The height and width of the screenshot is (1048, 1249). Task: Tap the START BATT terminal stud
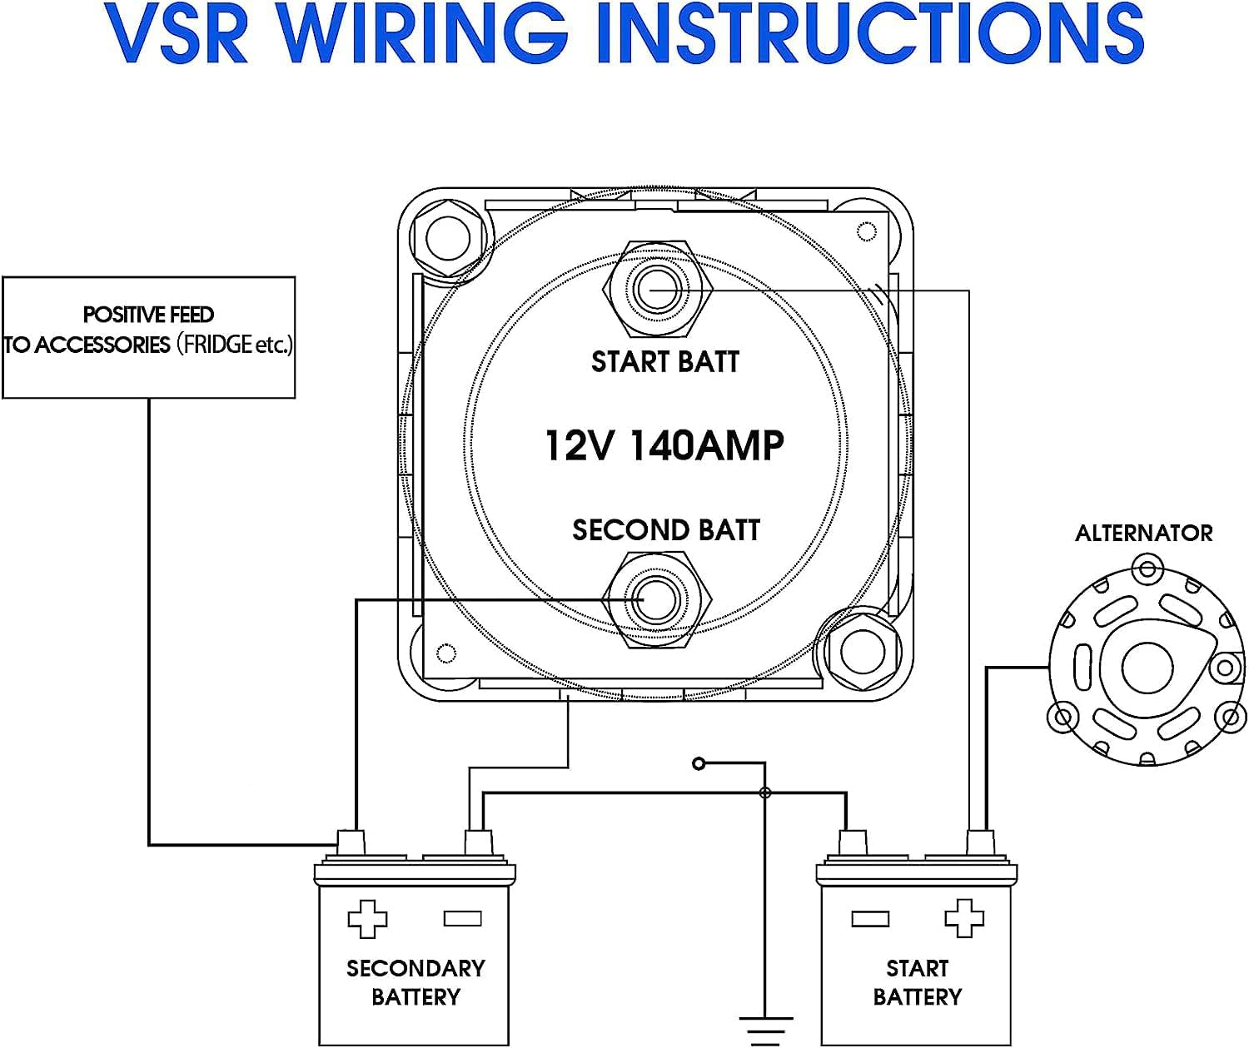click(x=657, y=290)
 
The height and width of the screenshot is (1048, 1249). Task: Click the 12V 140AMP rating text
click(x=664, y=445)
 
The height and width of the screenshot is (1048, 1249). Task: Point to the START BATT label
click(x=664, y=362)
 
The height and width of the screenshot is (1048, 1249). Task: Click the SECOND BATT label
click(x=665, y=530)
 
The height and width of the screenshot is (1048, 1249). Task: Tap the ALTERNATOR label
click(x=1143, y=534)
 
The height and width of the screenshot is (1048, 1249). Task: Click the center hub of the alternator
click(x=1146, y=667)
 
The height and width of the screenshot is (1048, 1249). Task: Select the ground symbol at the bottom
click(x=765, y=1029)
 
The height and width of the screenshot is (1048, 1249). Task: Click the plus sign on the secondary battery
click(x=367, y=919)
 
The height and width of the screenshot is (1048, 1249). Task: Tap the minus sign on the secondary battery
click(x=463, y=919)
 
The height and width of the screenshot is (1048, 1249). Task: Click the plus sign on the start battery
click(x=964, y=919)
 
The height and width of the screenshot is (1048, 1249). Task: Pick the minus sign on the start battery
click(x=870, y=919)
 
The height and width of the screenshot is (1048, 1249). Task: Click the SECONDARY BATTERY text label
click(x=415, y=982)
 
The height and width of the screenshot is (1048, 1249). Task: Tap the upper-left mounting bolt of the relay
click(x=448, y=239)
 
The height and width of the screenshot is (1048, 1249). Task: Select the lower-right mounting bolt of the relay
click(x=863, y=651)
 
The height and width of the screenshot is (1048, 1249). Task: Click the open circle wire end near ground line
click(x=699, y=763)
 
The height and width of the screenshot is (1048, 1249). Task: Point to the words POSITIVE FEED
click(x=148, y=315)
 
